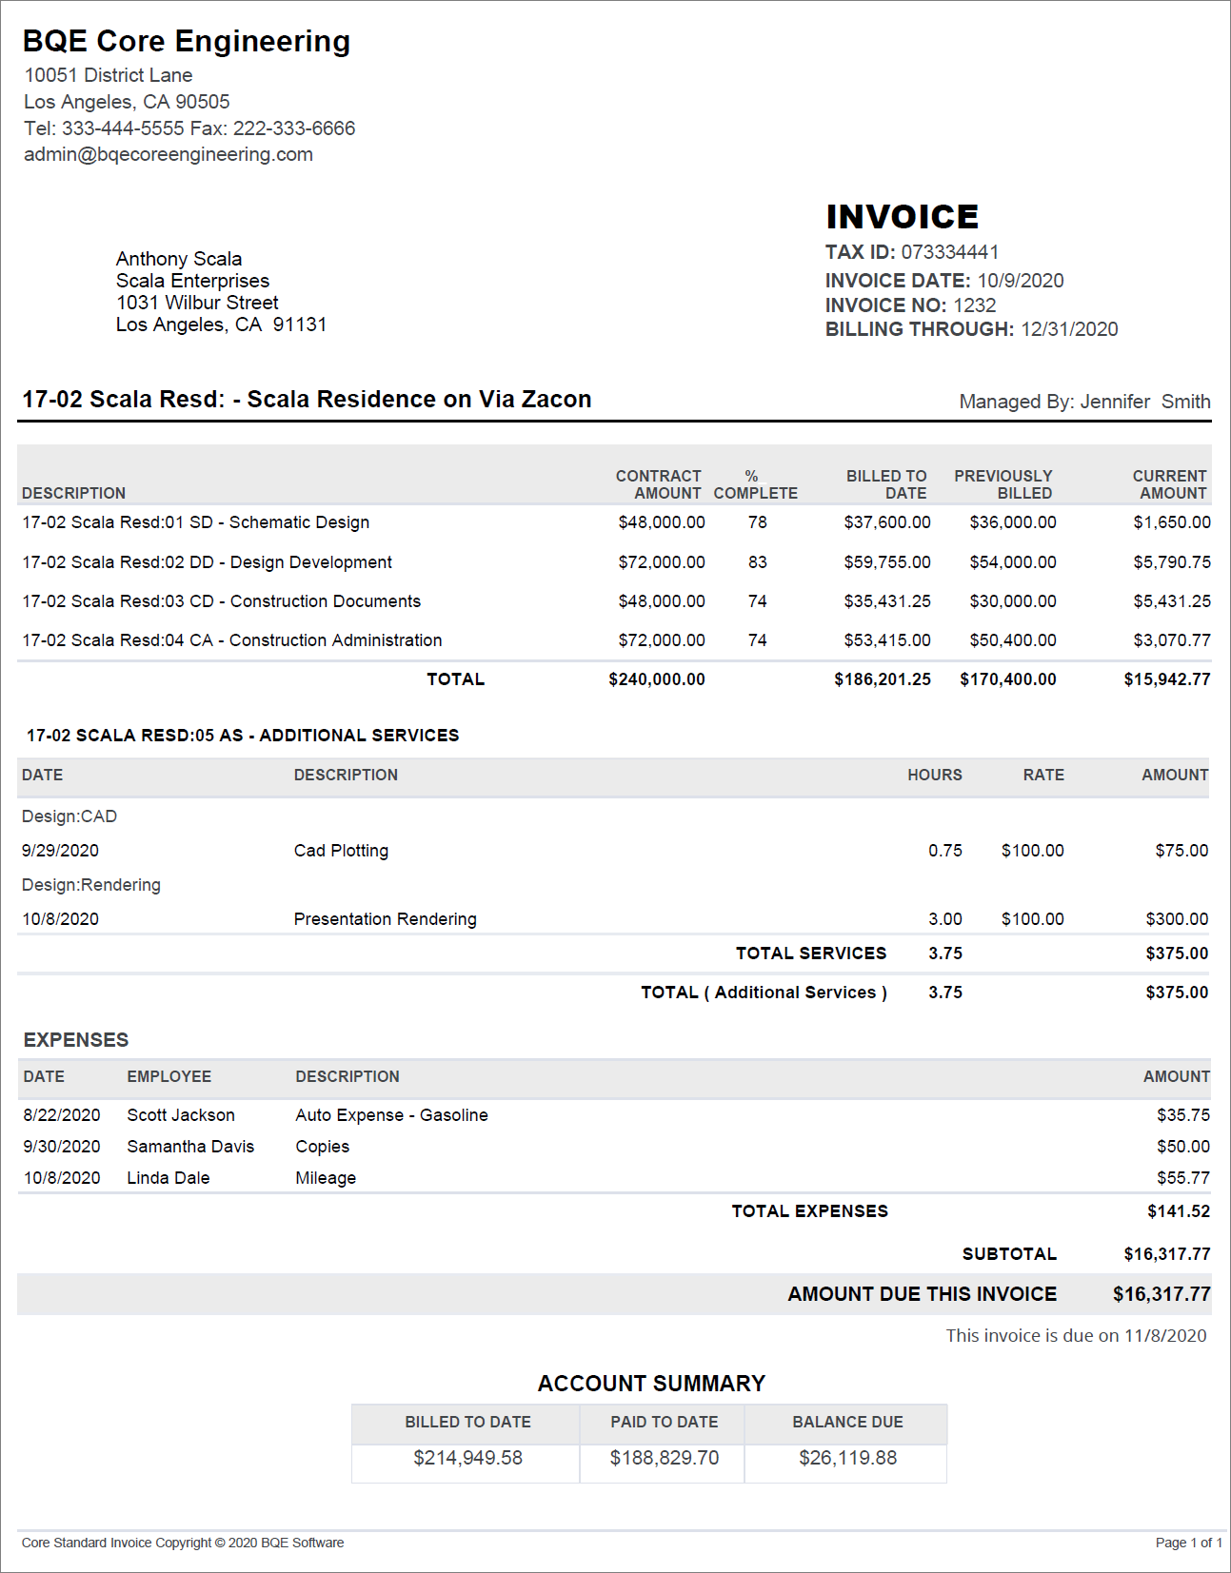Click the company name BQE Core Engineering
[187, 41]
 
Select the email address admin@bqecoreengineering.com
[169, 154]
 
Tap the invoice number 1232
[974, 305]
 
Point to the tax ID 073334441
[949, 252]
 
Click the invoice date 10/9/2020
[1020, 281]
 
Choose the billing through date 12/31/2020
[1069, 329]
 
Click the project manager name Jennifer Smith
[1145, 402]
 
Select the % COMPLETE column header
[755, 484]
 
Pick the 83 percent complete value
[757, 562]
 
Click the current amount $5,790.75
[1171, 562]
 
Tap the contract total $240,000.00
[657, 679]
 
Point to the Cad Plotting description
[341, 851]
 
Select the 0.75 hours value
[944, 851]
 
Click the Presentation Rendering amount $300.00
[1177, 919]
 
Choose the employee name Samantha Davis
[190, 1147]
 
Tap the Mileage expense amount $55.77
[1183, 1178]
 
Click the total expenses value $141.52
[1179, 1211]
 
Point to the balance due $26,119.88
[847, 1458]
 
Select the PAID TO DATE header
[664, 1422]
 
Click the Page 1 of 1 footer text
[1188, 1543]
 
